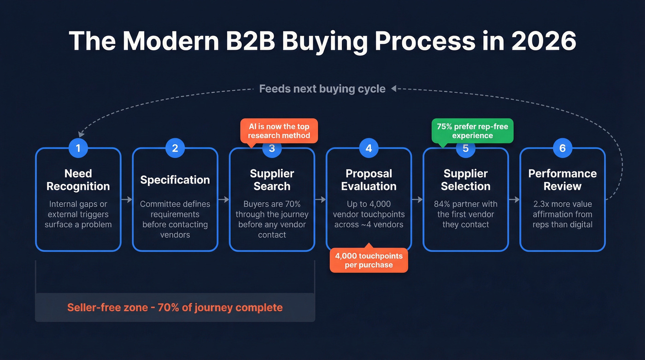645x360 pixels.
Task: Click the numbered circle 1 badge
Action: pyautogui.click(x=78, y=148)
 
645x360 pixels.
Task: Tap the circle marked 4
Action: pyautogui.click(x=369, y=148)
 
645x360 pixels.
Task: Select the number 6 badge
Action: pyautogui.click(x=562, y=148)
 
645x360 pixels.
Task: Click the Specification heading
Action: pyautogui.click(x=175, y=180)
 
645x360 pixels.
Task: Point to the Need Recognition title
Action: pyautogui.click(x=78, y=180)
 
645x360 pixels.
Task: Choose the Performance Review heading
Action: pyautogui.click(x=562, y=180)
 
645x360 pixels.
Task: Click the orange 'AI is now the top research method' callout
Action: pyautogui.click(x=279, y=131)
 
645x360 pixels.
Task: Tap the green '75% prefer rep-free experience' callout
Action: pyautogui.click(x=472, y=131)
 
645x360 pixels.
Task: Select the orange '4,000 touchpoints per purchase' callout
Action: pyautogui.click(x=369, y=260)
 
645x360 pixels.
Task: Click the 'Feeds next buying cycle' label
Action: pyautogui.click(x=322, y=89)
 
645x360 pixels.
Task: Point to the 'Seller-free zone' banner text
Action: pyautogui.click(x=175, y=307)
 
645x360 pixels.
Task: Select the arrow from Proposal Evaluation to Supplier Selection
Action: pyautogui.click(x=417, y=200)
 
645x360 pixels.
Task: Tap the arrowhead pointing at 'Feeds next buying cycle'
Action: pyautogui.click(x=394, y=89)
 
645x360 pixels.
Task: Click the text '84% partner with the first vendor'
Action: pyautogui.click(x=465, y=209)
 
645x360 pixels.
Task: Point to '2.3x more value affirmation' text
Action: pyautogui.click(x=562, y=209)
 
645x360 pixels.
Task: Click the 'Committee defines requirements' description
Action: pyautogui.click(x=175, y=209)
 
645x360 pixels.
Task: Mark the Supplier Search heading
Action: pyautogui.click(x=272, y=180)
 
